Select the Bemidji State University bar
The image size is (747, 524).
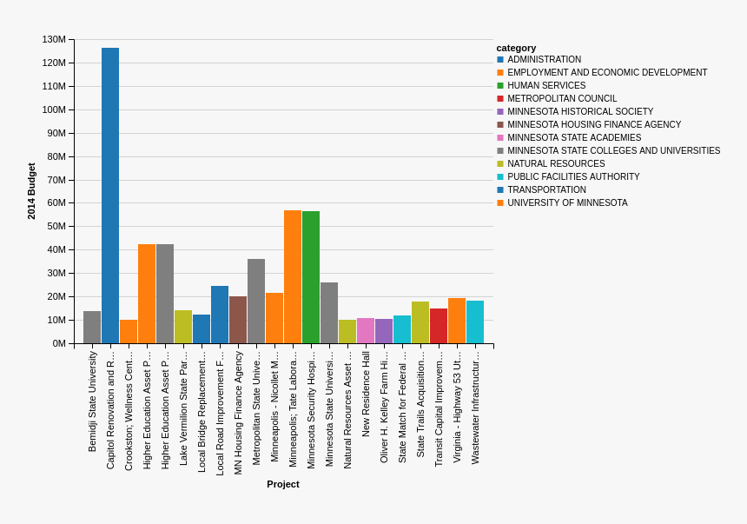pos(92,328)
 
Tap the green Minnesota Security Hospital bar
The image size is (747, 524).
pos(311,277)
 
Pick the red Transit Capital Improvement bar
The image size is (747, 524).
pos(439,326)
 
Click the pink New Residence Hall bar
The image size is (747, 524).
pos(366,331)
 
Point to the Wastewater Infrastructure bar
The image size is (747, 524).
pos(475,322)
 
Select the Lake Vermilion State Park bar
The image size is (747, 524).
pos(183,327)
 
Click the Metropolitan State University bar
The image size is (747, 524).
pos(256,301)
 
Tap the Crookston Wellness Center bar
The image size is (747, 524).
pos(129,332)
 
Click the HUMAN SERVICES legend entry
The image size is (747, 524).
pos(546,86)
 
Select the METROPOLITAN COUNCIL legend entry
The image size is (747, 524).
pos(562,99)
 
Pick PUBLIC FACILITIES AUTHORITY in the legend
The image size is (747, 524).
pos(573,177)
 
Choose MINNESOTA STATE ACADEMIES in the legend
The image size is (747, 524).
pos(574,138)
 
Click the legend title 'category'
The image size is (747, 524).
pos(516,48)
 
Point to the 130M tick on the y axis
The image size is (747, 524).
pos(54,39)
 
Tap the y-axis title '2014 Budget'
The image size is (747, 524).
pos(31,191)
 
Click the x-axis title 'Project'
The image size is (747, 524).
pos(283,484)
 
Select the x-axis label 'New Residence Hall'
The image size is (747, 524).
pos(366,394)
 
